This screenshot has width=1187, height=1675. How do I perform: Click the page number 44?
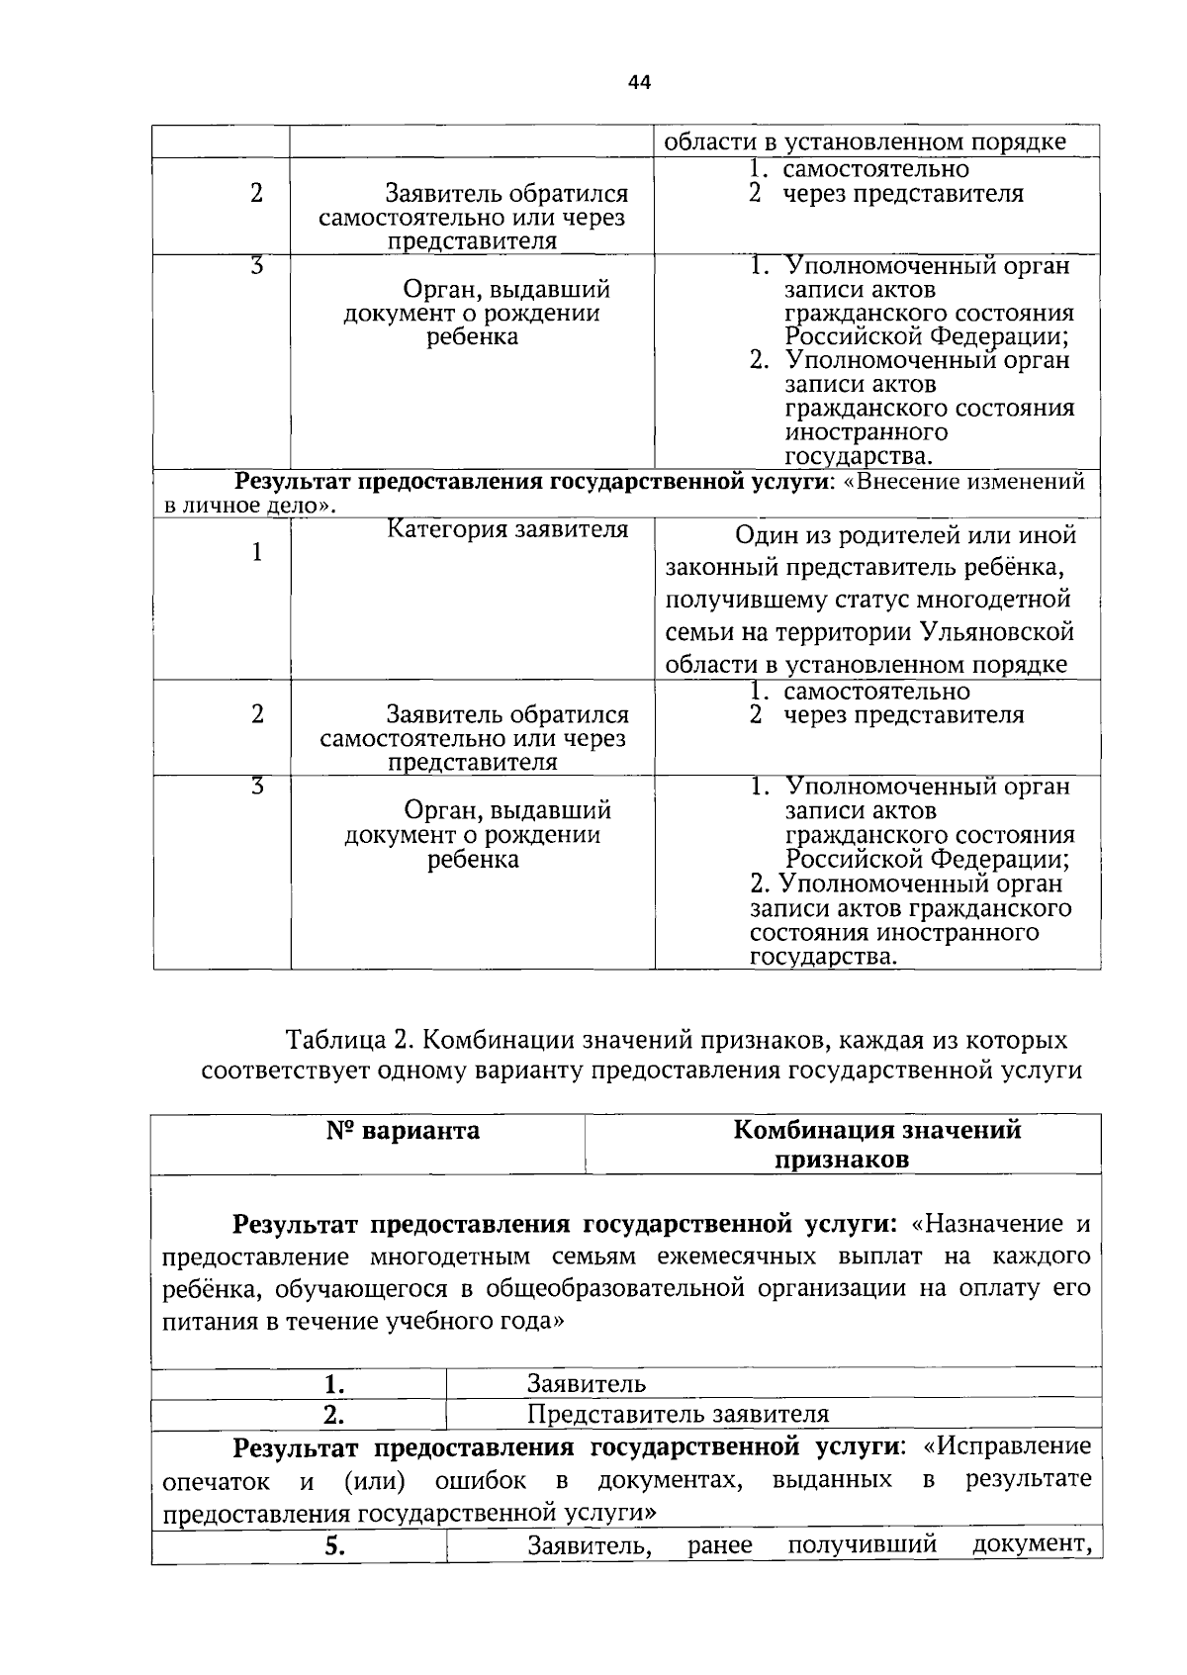[x=639, y=83]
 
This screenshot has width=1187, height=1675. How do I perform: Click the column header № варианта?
[x=403, y=1131]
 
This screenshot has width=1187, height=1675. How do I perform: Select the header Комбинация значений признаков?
[x=876, y=1145]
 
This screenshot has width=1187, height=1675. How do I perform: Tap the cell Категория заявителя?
[x=506, y=530]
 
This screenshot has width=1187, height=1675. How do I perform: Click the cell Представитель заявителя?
[x=678, y=1414]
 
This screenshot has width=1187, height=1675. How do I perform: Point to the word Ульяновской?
[x=997, y=631]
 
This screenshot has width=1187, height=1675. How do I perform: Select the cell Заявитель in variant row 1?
[x=586, y=1384]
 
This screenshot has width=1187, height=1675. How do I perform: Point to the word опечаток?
[x=216, y=1481]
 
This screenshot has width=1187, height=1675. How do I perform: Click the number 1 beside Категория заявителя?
[x=256, y=552]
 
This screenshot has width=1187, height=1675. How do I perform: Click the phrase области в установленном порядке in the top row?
[x=864, y=142]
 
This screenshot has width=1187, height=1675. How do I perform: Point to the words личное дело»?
[x=257, y=506]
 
